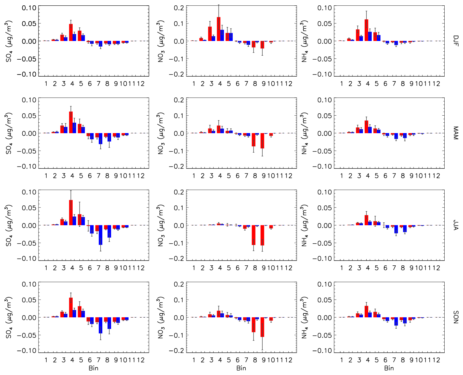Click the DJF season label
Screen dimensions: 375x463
pyautogui.click(x=455, y=41)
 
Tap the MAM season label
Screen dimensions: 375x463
pyautogui.click(x=455, y=133)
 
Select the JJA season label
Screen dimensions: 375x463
pyautogui.click(x=455, y=225)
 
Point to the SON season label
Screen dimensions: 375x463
pyautogui.click(x=455, y=317)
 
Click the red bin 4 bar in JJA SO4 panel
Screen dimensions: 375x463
pyautogui.click(x=71, y=213)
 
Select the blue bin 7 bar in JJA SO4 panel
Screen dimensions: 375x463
pyautogui.click(x=100, y=235)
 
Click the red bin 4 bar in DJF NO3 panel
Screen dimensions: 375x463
pyautogui.click(x=218, y=29)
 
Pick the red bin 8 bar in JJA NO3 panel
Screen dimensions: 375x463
pyautogui.click(x=254, y=235)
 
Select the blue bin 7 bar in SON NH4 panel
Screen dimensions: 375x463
pyautogui.click(x=396, y=321)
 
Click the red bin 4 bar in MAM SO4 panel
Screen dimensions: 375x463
pyautogui.click(x=71, y=122)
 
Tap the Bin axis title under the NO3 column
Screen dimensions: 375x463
pyautogui.click(x=241, y=368)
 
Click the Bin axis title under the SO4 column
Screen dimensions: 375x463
pyautogui.click(x=93, y=368)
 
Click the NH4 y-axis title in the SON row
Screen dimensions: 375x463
pyautogui.click(x=304, y=317)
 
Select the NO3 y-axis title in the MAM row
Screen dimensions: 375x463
pyautogui.click(x=161, y=133)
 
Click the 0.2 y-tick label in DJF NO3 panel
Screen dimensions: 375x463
pyautogui.click(x=179, y=8)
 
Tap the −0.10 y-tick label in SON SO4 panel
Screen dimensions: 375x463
pyautogui.click(x=27, y=350)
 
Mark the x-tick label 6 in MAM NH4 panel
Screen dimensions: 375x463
pyautogui.click(x=385, y=176)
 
